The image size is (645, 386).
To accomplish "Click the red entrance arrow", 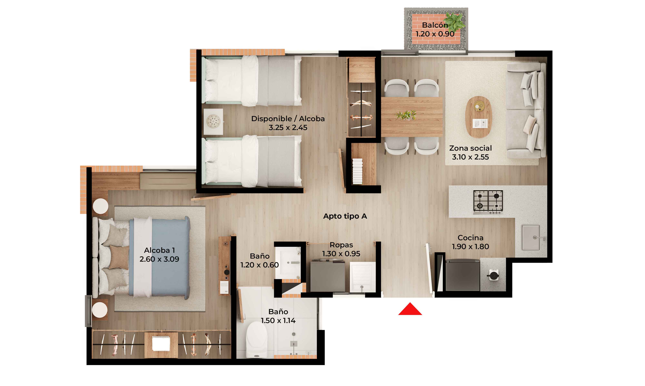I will (x=410, y=309).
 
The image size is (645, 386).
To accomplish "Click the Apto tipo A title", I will (x=345, y=216).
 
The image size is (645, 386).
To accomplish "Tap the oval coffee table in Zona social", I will (x=478, y=117).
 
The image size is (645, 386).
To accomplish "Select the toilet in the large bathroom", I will (x=257, y=339).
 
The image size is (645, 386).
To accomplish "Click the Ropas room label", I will (x=341, y=245).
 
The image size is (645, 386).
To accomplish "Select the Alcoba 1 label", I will (x=159, y=250).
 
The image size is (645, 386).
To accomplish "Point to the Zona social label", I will (x=470, y=148).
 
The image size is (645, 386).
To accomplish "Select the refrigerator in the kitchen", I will (x=462, y=275).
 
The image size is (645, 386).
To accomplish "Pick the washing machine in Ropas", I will (x=327, y=276).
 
